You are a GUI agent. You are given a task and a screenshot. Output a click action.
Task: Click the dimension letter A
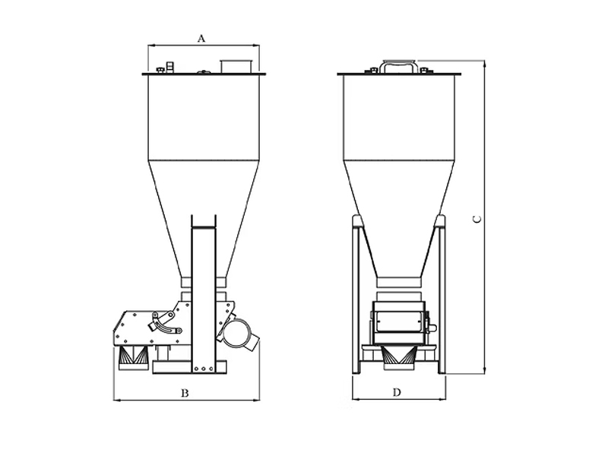[201, 39]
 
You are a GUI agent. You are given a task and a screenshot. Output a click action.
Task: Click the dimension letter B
[185, 393]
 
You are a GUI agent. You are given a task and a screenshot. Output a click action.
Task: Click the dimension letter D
[397, 393]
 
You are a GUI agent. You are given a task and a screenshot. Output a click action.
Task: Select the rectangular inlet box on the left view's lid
[236, 66]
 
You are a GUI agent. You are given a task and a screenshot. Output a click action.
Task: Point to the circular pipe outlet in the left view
[237, 334]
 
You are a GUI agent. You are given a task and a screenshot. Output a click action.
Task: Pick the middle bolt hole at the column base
[203, 369]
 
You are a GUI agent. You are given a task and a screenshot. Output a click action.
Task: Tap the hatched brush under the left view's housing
[133, 356]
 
